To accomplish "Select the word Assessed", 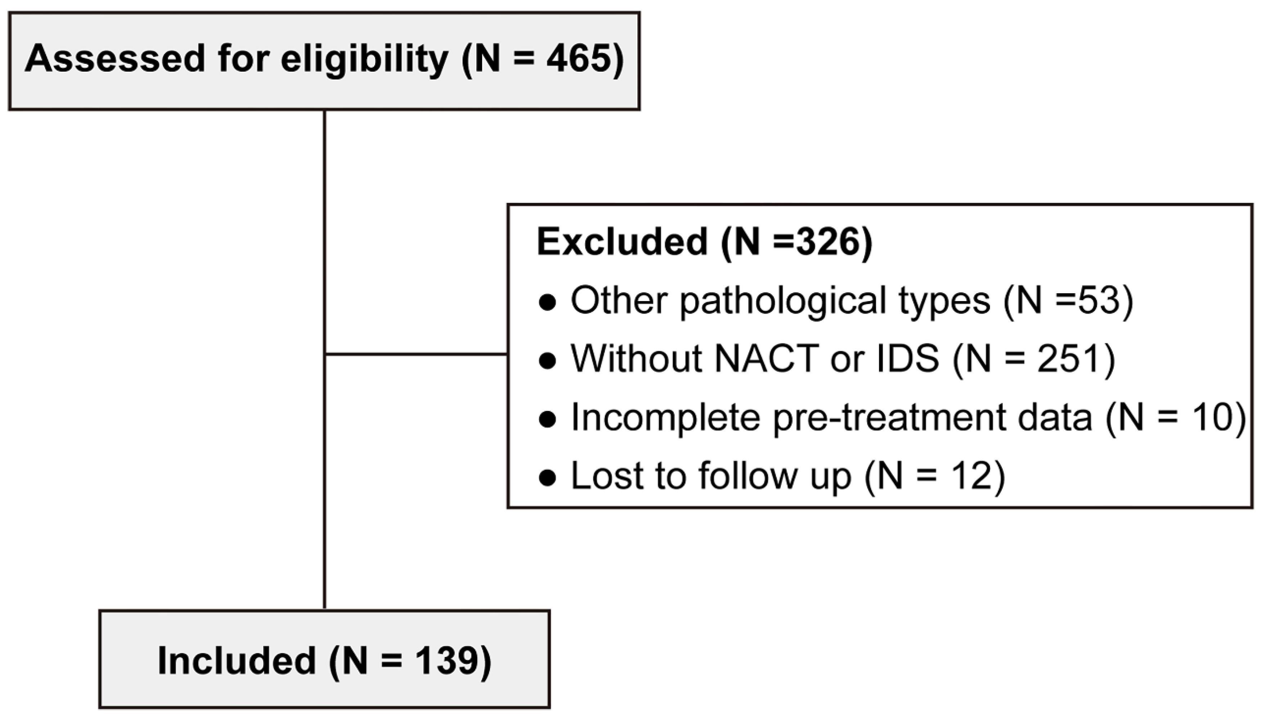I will pos(115,59).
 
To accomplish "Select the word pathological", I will pos(785,301).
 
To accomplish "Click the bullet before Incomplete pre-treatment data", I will pos(547,420).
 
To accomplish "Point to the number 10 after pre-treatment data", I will pos(1214,417).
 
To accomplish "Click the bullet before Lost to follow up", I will pos(547,478).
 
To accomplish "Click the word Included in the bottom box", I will pos(237,661).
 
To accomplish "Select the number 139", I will pos(446,661).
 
